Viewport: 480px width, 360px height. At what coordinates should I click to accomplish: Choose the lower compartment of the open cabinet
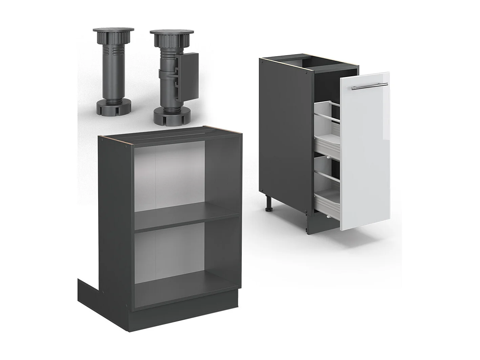pos(173,259)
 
